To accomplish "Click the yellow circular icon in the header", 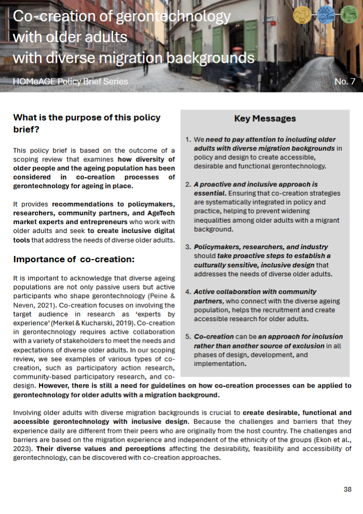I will click(302, 15).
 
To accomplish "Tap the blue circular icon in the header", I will click(326, 15).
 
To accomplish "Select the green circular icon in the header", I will click(349, 15).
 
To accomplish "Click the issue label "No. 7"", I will click(345, 82).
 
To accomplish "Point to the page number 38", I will click(347, 490).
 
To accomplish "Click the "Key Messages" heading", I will click(265, 119).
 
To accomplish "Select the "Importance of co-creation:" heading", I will click(74, 259).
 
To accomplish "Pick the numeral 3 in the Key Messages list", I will click(188, 247).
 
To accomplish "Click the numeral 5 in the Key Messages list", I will click(188, 337).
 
